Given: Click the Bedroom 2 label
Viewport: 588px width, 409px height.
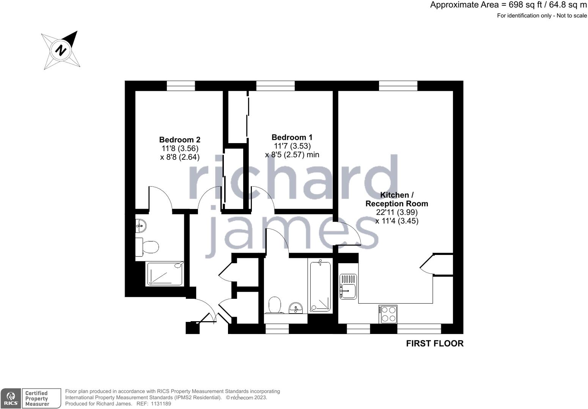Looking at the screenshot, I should coord(179,139).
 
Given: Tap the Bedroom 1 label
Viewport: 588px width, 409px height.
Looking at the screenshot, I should coord(292,137).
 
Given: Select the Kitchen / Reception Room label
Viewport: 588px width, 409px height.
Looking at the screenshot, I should coord(396,199).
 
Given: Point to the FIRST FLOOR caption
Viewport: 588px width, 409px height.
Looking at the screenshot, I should coord(434,343).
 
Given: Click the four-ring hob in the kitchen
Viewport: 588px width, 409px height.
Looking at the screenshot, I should coord(388,314).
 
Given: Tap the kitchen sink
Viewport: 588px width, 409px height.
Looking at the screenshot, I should coord(348,286).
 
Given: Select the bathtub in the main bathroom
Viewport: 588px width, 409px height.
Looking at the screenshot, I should coord(320,286).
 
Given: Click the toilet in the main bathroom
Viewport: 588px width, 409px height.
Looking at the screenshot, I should coord(275,305).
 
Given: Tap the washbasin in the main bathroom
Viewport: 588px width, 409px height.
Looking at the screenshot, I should coord(296,308).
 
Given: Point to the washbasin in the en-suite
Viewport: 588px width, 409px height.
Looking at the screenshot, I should coord(140,226).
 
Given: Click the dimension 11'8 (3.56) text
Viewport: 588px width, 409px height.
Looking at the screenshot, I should coord(180,148).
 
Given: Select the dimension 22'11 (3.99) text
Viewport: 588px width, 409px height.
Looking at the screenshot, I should coord(397,212).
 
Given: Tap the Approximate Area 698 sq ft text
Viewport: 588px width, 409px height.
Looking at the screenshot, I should coord(508,5).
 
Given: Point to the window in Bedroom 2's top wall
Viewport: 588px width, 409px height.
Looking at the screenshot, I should coord(181,86).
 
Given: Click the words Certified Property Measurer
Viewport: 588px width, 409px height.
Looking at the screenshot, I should coord(37,398).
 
